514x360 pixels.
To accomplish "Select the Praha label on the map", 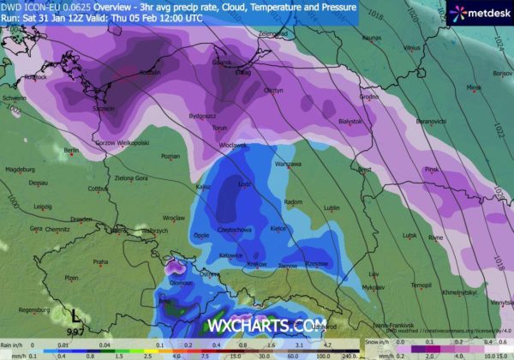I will (100, 261).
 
